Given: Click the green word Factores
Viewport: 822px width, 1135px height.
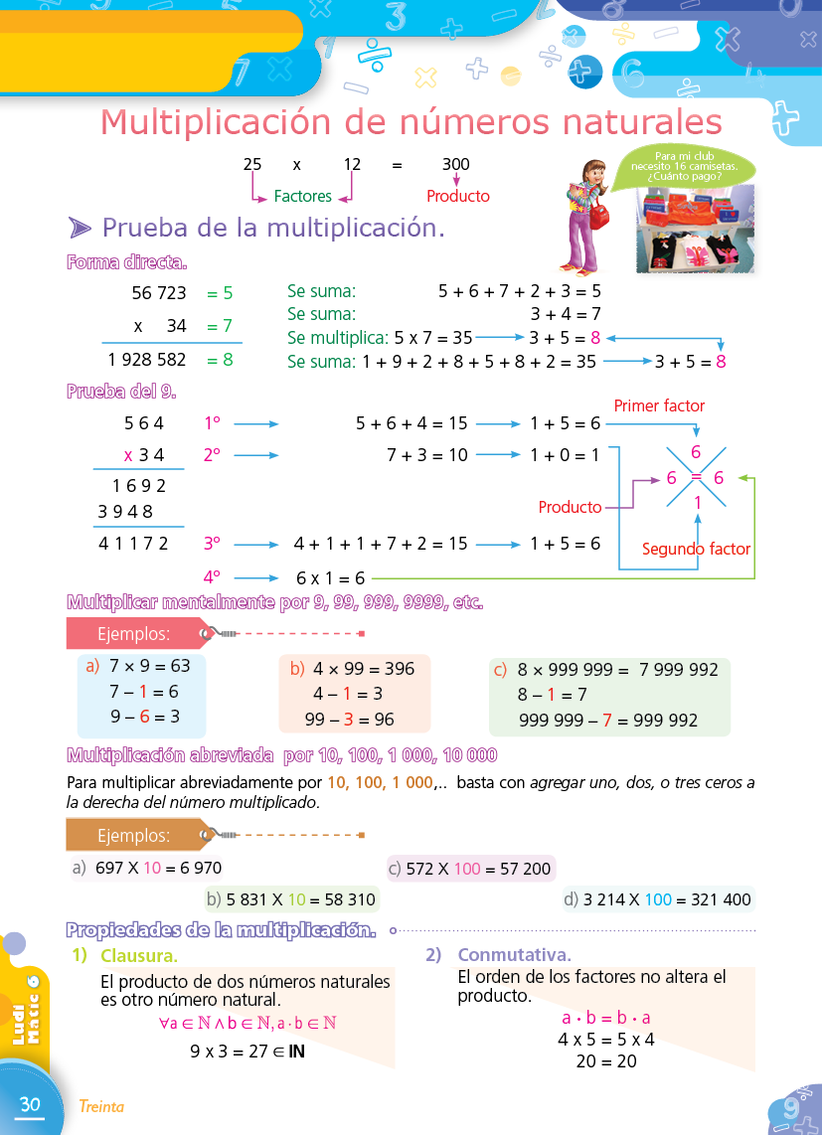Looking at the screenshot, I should coord(303,197).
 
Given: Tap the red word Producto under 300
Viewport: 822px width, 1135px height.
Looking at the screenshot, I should coord(458,197).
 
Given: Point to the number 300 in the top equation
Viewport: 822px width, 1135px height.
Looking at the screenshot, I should coord(456,165).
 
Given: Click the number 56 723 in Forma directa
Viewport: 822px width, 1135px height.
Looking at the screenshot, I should coord(159,293).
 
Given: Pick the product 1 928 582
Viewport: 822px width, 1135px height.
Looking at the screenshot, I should coord(147,360).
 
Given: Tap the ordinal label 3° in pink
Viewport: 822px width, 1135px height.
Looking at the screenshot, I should coord(212,544).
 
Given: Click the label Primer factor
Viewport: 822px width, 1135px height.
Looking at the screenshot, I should coord(659,405).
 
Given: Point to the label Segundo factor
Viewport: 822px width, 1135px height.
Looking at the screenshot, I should coord(696,549).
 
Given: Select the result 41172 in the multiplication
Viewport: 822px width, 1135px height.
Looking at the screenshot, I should coord(133,544).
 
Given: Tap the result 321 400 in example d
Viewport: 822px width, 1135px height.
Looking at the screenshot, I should coord(709,900).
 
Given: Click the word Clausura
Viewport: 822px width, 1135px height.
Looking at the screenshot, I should coord(139,956).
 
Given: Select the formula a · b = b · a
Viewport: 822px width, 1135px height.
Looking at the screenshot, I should coord(606,1018).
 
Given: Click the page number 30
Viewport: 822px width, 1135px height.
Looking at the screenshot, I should coord(30,1104).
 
